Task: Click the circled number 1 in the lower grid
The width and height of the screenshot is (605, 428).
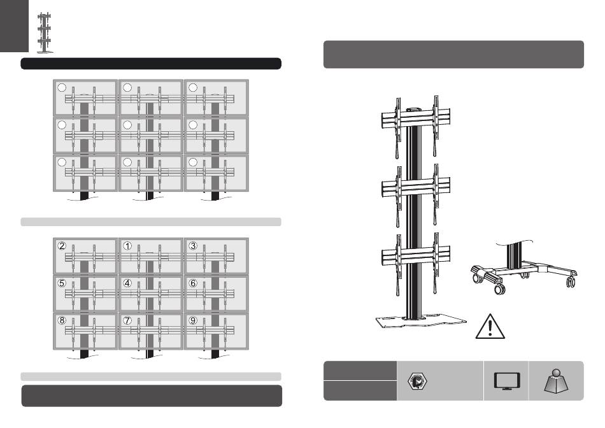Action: coord(127,246)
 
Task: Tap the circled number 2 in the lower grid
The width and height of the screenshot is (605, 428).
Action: coord(62,246)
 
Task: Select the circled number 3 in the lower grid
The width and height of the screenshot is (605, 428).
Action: coord(193,246)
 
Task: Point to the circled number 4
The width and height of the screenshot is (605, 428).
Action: coord(127,283)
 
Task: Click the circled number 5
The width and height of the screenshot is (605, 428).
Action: coord(62,283)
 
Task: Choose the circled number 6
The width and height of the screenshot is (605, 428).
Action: coord(193,283)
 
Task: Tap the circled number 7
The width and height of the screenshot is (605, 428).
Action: coord(127,320)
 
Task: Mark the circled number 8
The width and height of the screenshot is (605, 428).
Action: coord(62,320)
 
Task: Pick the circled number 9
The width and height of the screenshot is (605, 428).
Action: coord(193,320)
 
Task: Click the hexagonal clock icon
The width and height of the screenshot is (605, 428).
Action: coord(416,382)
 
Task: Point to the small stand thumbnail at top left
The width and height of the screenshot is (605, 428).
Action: coord(44,32)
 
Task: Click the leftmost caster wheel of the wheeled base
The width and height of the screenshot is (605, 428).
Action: coord(477,277)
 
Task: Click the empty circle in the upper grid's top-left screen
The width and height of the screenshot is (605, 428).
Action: coord(62,87)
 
